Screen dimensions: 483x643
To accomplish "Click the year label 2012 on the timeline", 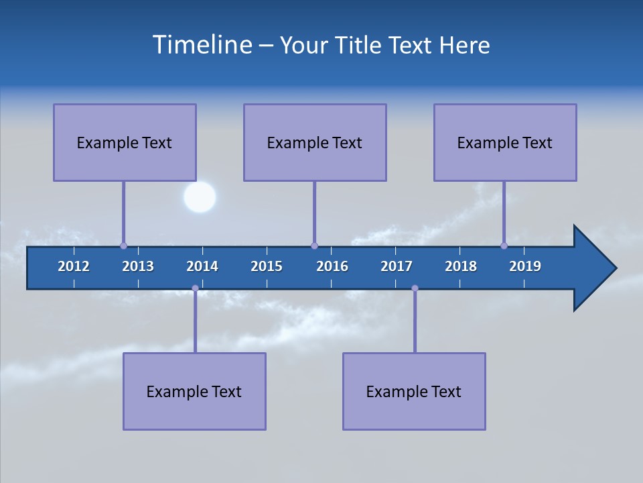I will coord(74,266).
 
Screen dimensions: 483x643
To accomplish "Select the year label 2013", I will coord(138,266).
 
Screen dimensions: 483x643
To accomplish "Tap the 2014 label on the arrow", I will coord(202,266).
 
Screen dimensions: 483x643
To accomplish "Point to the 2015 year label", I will coord(267,266).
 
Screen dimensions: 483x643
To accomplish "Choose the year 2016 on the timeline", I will coord(332,266).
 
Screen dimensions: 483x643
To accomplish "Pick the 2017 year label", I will coord(397,266).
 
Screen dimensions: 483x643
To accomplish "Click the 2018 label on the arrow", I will coord(461,266).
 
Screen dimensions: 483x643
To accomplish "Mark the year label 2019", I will coord(525,266).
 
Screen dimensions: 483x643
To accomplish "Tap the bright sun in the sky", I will coord(200,197).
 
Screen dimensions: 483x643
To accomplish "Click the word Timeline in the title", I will coord(201,45).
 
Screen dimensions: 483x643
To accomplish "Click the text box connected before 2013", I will coord(125,142).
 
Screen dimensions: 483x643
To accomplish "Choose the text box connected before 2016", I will coord(315,142).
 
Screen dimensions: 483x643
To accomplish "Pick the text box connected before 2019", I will coord(505,142).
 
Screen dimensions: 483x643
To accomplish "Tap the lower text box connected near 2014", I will coord(194,391).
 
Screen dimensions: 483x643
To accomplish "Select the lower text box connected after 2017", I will coord(414,391).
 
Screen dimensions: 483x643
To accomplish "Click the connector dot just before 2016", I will coord(314,246).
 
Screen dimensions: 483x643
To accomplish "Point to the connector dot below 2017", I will coord(415,288).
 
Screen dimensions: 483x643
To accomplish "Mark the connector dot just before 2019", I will coord(504,246).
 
